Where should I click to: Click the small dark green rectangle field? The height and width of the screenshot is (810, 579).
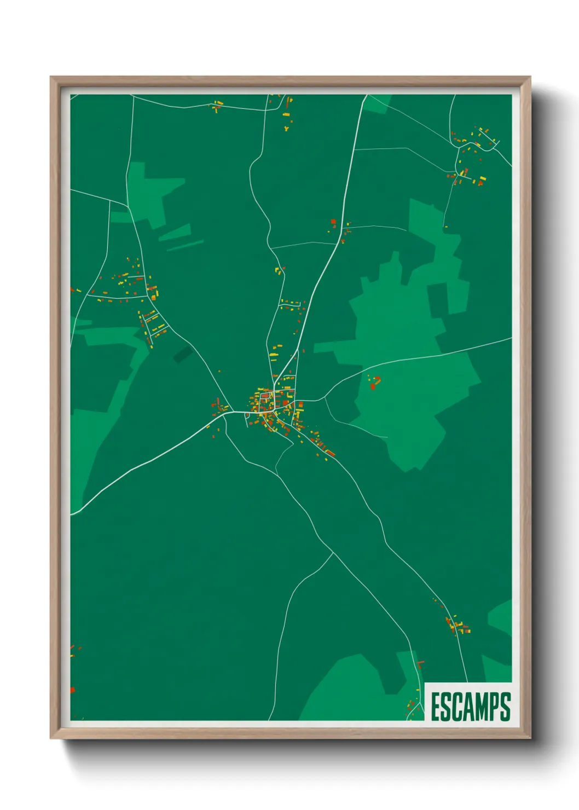tap(182, 355)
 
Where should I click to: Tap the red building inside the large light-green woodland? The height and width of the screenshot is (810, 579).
tap(374, 384)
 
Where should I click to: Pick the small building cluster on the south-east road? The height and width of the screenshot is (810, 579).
tap(457, 625)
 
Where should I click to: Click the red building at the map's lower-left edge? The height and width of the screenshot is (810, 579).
tap(72, 690)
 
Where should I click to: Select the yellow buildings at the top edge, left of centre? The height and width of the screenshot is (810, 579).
tap(218, 105)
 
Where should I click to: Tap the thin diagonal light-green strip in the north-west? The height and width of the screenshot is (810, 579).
tap(185, 246)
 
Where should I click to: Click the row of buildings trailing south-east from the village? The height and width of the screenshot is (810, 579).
tap(317, 441)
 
